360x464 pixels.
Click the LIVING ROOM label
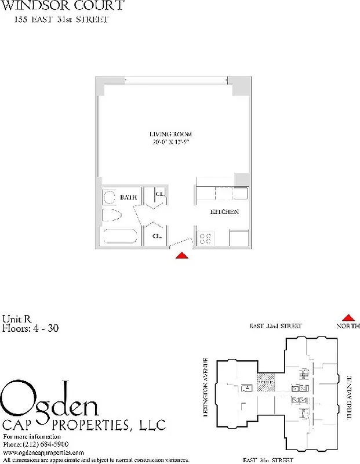pyautogui.click(x=170, y=134)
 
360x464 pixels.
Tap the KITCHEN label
pyautogui.click(x=224, y=212)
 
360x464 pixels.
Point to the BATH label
pyautogui.click(x=128, y=198)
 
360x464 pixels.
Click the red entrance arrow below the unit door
pyautogui.click(x=182, y=255)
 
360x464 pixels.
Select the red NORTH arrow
pyautogui.click(x=348, y=318)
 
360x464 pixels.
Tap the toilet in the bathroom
pyautogui.click(x=111, y=216)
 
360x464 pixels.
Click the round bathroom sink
pyautogui.click(x=110, y=198)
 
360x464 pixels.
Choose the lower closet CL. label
pyautogui.click(x=157, y=236)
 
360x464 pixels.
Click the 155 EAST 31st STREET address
pyautogui.click(x=61, y=20)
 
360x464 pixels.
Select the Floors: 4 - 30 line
pyautogui.click(x=30, y=328)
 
